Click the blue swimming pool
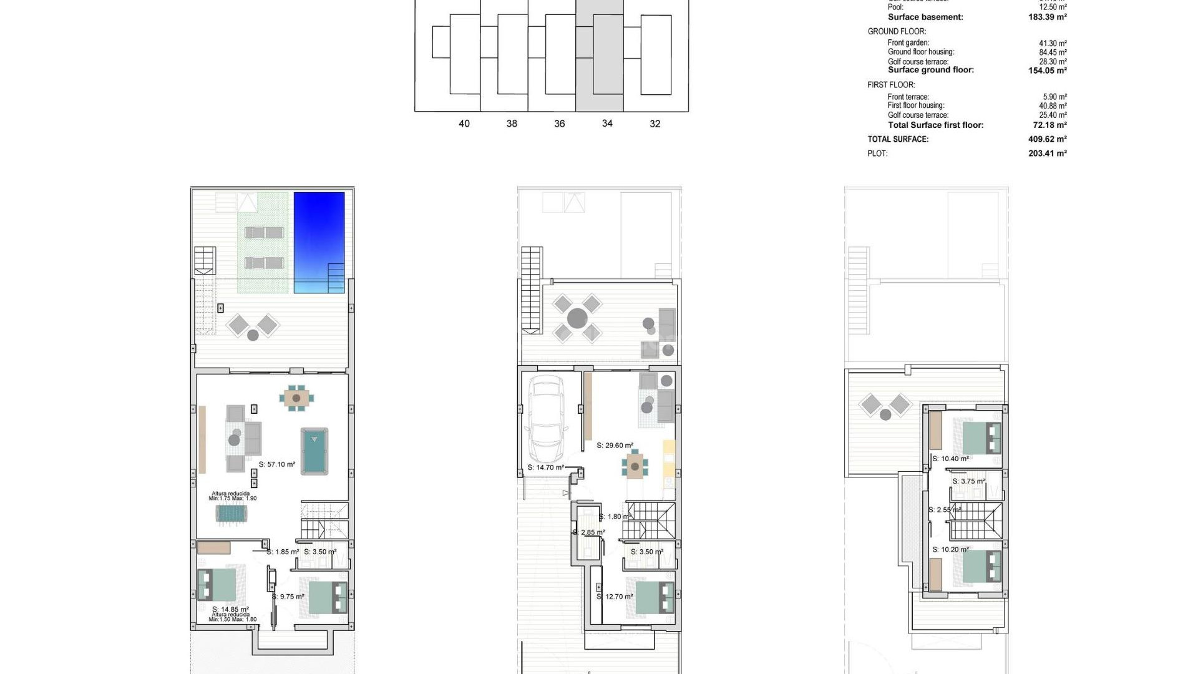tap(319, 242)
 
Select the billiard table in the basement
tap(314, 451)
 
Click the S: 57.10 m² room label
tap(277, 464)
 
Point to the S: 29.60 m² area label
tap(615, 446)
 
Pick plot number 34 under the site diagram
tap(607, 124)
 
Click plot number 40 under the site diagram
tap(464, 124)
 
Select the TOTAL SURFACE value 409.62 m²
tap(1047, 139)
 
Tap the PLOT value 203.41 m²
tap(1047, 154)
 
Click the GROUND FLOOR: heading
tap(897, 31)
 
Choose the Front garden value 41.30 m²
tap(1053, 44)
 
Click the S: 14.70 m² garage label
tap(545, 467)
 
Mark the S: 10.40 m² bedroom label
tap(950, 459)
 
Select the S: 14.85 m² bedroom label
tap(230, 609)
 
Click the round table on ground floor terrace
tap(577, 318)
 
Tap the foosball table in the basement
tap(232, 514)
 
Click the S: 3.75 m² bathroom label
tap(968, 481)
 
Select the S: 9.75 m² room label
tap(288, 597)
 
